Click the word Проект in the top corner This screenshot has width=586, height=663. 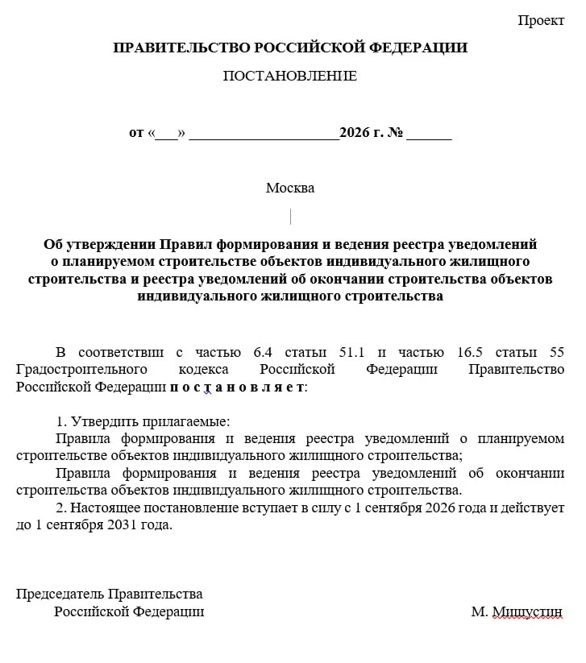click(541, 21)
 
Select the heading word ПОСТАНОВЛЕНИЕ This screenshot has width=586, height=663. click(289, 77)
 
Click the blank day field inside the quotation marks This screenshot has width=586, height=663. click(166, 134)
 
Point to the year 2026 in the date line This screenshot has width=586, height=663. click(353, 133)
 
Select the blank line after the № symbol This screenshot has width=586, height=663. click(429, 135)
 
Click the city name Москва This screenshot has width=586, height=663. click(290, 189)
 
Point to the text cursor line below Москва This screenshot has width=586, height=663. click(290, 216)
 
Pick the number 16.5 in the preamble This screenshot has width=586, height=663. click(466, 352)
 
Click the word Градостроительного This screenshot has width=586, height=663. click(81, 369)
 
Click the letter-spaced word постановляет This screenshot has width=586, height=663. click(238, 387)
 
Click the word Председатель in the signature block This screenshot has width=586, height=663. click(60, 595)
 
